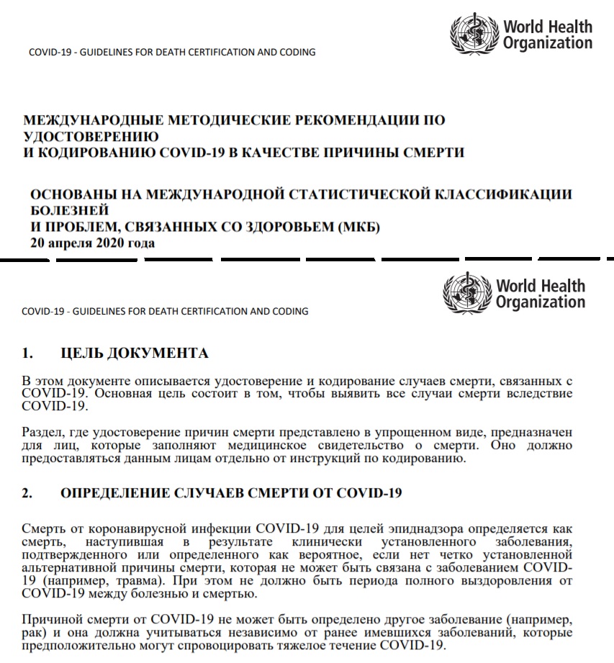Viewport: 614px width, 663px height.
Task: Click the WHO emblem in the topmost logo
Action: pos(474,33)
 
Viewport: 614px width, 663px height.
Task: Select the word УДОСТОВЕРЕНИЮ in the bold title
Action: pos(91,135)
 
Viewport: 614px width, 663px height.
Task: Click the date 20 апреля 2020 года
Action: pos(92,243)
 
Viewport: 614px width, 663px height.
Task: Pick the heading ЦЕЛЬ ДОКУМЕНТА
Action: pos(135,353)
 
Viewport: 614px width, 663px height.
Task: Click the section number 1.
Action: pos(28,353)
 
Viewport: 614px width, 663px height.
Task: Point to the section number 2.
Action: pos(28,494)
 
